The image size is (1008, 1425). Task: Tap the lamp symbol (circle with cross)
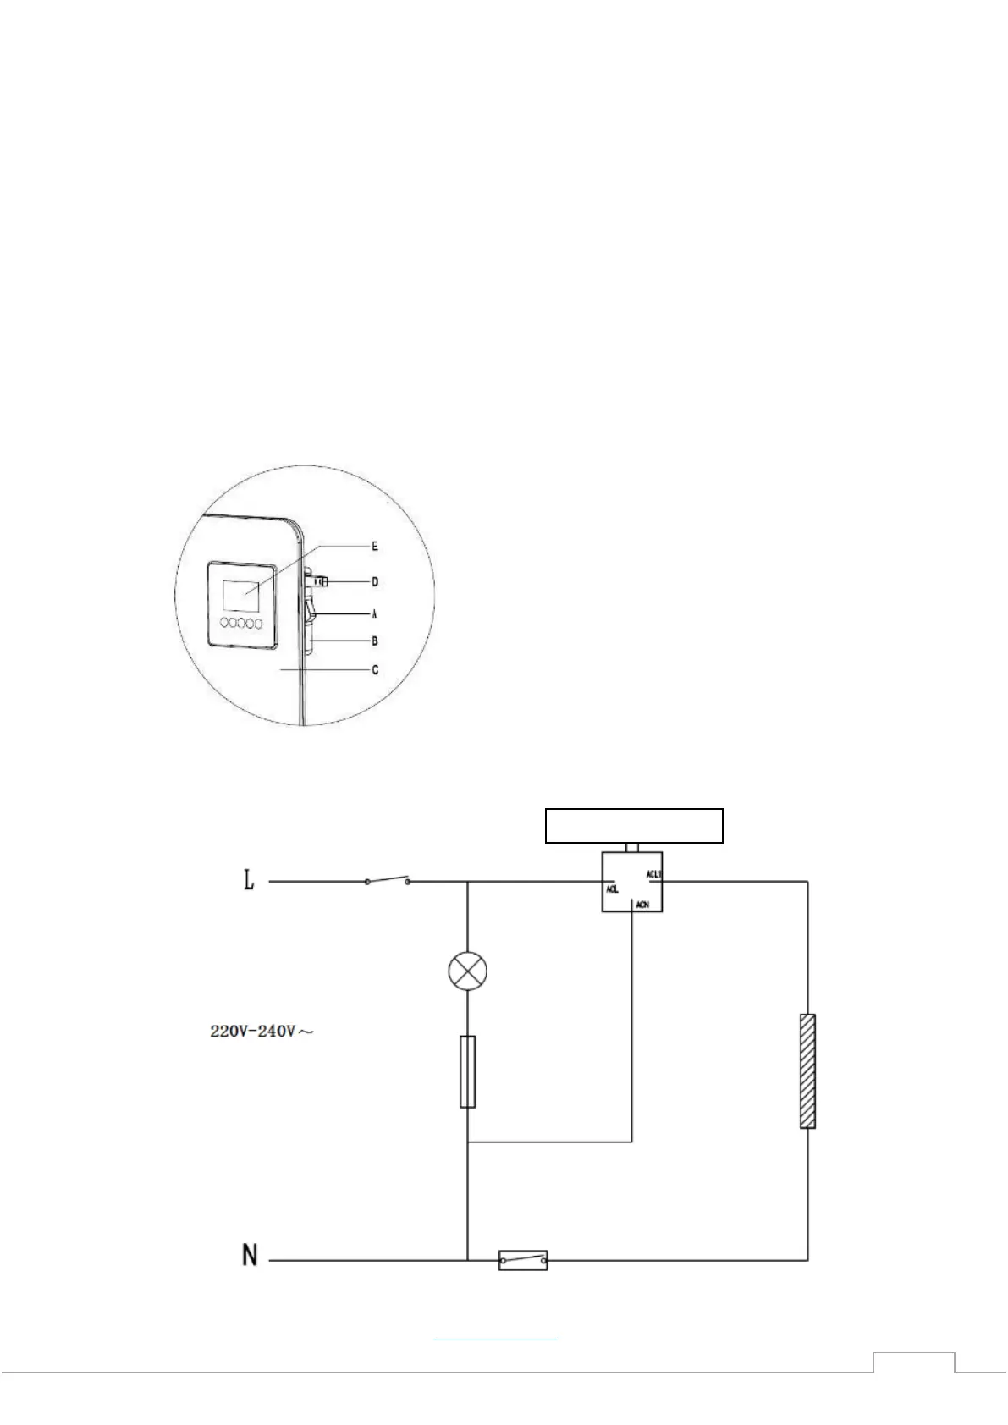pyautogui.click(x=468, y=970)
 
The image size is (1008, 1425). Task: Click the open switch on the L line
pyautogui.click(x=388, y=880)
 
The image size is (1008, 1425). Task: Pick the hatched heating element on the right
pyautogui.click(x=807, y=1070)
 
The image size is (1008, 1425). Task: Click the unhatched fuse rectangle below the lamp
pyautogui.click(x=467, y=1070)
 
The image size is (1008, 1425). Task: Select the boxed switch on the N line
pyautogui.click(x=522, y=1261)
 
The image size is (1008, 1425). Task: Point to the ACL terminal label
pyautogui.click(x=612, y=889)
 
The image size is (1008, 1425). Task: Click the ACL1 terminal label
pyautogui.click(x=653, y=874)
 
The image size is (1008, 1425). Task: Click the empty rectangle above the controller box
pyautogui.click(x=633, y=825)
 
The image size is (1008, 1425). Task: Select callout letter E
pyautogui.click(x=374, y=547)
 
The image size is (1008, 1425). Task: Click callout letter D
pyautogui.click(x=374, y=582)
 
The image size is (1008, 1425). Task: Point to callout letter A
pyautogui.click(x=374, y=613)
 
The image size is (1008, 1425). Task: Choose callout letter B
pyautogui.click(x=374, y=641)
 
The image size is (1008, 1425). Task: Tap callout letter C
pyautogui.click(x=374, y=670)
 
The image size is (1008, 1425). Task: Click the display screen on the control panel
pyautogui.click(x=241, y=595)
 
